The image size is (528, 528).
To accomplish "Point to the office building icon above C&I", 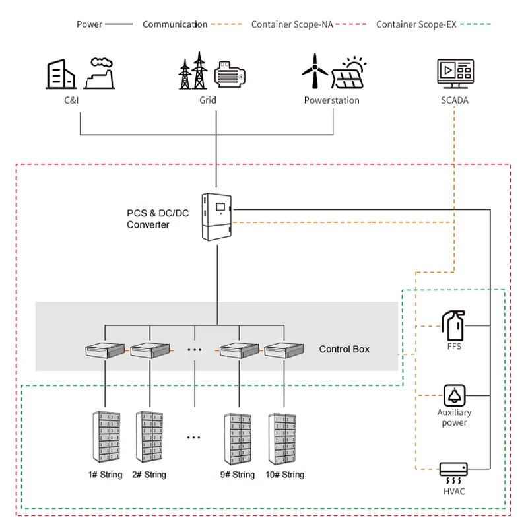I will pos(59,73).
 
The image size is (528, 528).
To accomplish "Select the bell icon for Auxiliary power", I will pos(454,395).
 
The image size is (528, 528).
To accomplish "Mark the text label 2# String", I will pos(149,475).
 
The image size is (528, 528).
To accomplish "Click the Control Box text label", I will pos(345,348).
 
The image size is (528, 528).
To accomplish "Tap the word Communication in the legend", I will pos(175,24).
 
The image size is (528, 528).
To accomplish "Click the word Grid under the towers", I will pos(208,100).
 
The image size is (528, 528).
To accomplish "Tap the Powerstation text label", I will pos(331,100).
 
